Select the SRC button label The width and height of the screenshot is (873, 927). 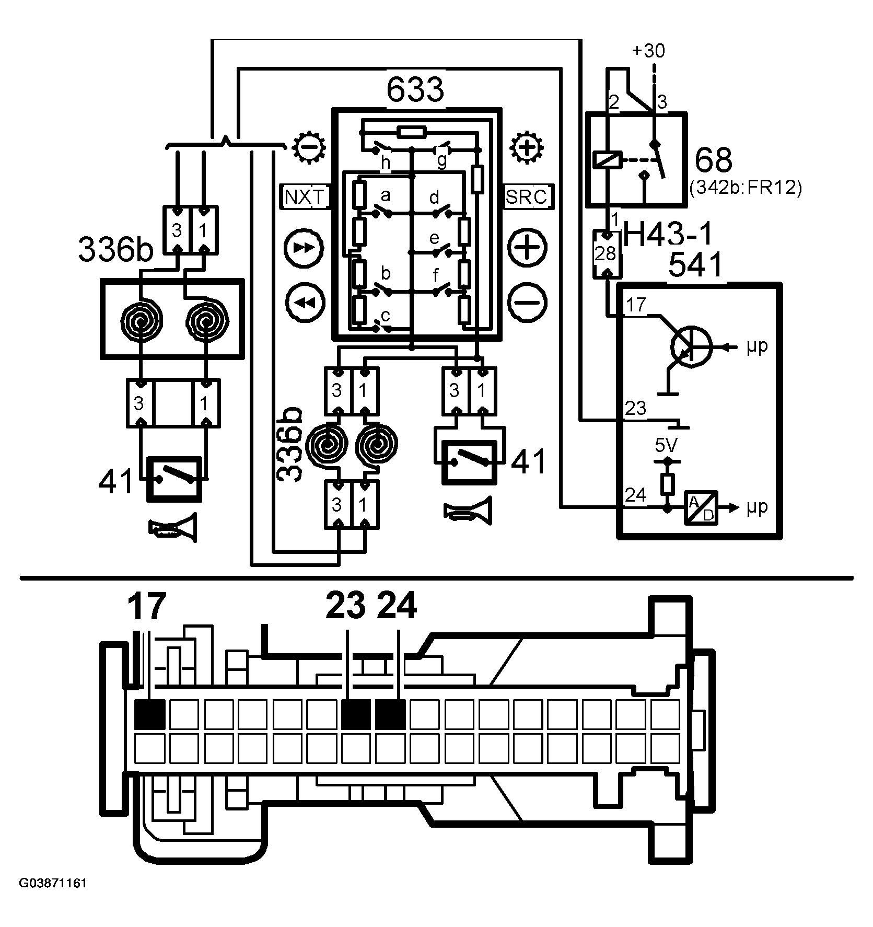pyautogui.click(x=527, y=196)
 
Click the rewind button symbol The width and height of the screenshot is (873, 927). pyautogui.click(x=306, y=302)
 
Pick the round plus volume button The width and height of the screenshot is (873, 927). pyautogui.click(x=528, y=247)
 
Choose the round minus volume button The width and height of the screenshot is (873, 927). pyautogui.click(x=528, y=302)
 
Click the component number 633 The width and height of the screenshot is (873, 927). pyautogui.click(x=415, y=90)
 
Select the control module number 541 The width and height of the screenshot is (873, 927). pyautogui.click(x=696, y=265)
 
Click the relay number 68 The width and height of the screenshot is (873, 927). pyautogui.click(x=714, y=160)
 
